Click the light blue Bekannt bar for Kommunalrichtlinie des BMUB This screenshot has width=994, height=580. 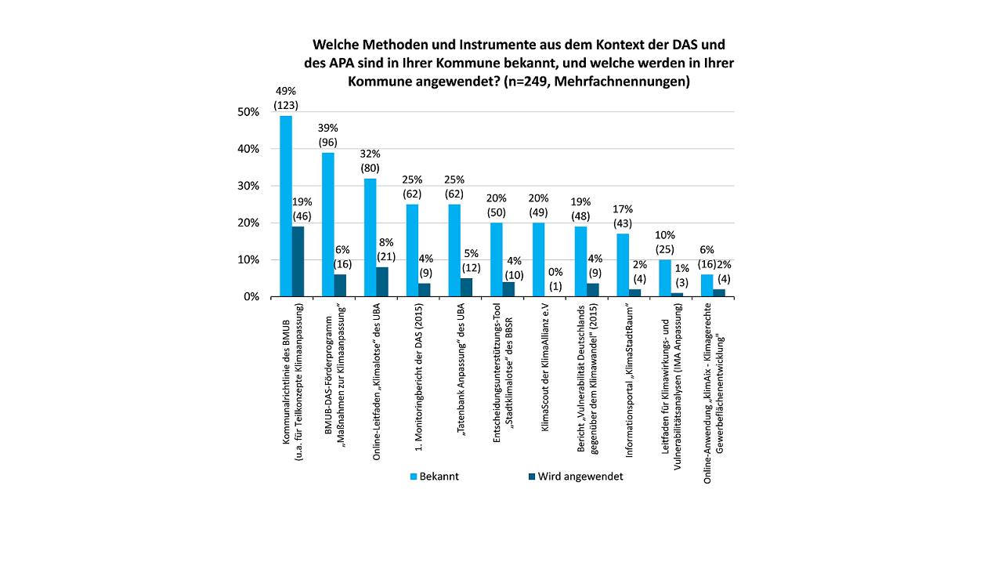coord(286,206)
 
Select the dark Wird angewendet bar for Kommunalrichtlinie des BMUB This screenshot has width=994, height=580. coord(298,262)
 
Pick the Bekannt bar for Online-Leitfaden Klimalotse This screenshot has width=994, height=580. coord(370,237)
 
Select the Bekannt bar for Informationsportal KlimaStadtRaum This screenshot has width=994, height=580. coord(623,266)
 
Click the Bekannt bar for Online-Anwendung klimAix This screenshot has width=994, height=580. coord(707,286)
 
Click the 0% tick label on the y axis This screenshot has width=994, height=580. coord(251,297)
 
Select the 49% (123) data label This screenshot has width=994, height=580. coord(286,98)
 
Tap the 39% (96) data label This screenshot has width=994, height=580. coord(328,135)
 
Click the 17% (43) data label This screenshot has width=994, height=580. coord(623,216)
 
